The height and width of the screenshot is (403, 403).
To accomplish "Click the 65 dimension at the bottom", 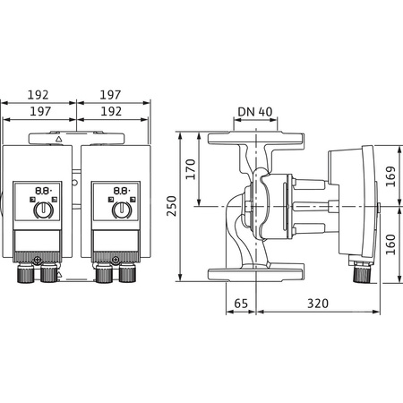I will (x=239, y=304).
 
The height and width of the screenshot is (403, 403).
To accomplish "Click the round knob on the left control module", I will (x=41, y=211).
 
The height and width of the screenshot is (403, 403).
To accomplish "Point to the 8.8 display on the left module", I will (x=41, y=191).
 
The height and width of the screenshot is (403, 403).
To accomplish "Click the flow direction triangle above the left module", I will (x=59, y=140).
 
